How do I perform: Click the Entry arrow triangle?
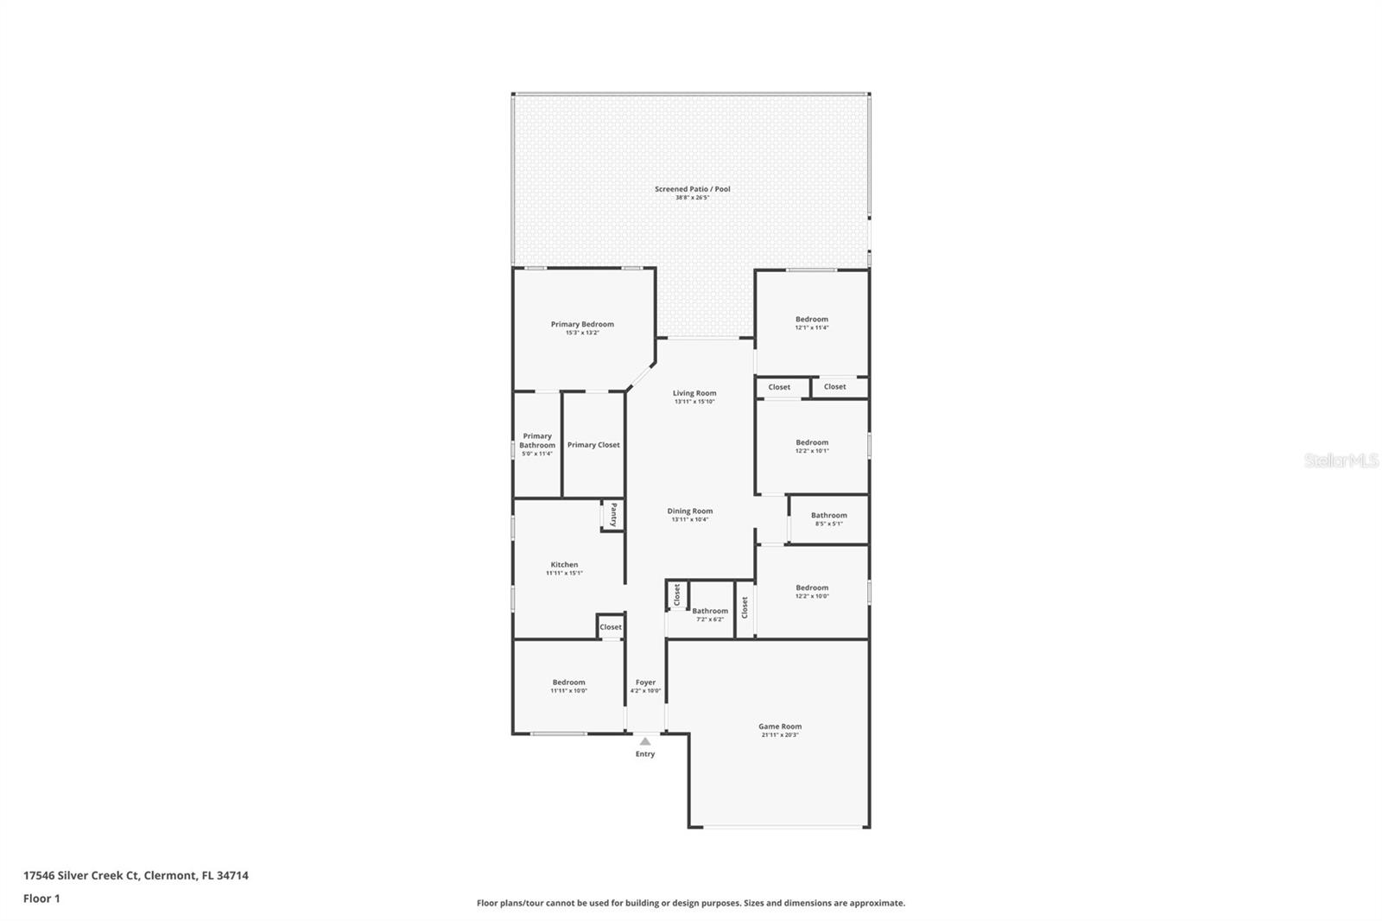pyautogui.click(x=645, y=741)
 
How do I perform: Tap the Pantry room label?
pyautogui.click(x=613, y=514)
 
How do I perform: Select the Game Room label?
pyautogui.click(x=780, y=727)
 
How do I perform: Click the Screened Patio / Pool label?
pyautogui.click(x=692, y=189)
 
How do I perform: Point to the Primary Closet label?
pyautogui.click(x=593, y=445)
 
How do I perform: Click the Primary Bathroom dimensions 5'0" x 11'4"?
pyautogui.click(x=537, y=454)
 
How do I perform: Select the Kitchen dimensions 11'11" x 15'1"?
pyautogui.click(x=564, y=573)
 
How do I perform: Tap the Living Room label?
pyautogui.click(x=694, y=393)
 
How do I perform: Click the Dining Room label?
pyautogui.click(x=689, y=511)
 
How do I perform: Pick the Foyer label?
pyautogui.click(x=645, y=683)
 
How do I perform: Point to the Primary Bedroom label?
pyautogui.click(x=582, y=325)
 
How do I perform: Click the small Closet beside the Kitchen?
pyautogui.click(x=611, y=627)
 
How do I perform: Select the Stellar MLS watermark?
pyautogui.click(x=1341, y=460)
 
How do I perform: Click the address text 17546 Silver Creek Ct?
pyautogui.click(x=81, y=875)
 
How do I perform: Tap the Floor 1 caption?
pyautogui.click(x=41, y=899)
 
